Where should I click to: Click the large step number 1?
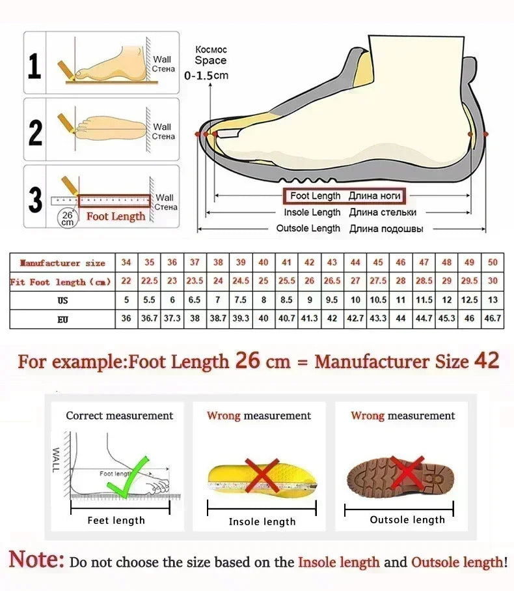click(35, 66)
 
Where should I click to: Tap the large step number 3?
click(35, 200)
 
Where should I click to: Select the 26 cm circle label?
click(67, 218)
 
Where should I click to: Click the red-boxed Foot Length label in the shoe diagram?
click(343, 195)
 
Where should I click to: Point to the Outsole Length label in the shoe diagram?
click(308, 228)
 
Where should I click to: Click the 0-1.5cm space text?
click(206, 76)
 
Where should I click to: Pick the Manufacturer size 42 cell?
click(310, 263)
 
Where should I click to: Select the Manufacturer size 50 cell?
click(493, 263)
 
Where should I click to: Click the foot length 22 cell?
click(126, 281)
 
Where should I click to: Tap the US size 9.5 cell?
click(332, 300)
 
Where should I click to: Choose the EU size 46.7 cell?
click(493, 319)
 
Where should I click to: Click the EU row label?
click(62, 319)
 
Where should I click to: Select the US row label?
click(62, 300)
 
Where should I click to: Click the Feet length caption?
click(116, 520)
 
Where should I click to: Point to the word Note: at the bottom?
click(36, 560)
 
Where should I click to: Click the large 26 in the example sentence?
click(247, 360)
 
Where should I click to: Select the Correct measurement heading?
click(119, 415)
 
